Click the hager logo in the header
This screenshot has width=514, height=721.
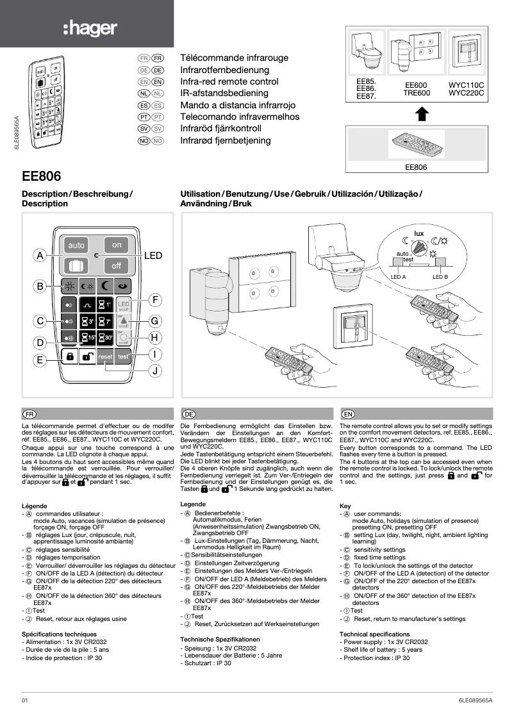[89, 28]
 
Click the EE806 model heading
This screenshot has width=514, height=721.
[41, 176]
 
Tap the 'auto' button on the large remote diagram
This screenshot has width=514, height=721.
[76, 245]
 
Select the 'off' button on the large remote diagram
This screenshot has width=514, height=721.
[117, 265]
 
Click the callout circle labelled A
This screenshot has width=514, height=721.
[40, 256]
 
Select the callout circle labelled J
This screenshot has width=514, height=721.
[154, 371]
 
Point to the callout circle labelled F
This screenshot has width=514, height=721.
[154, 299]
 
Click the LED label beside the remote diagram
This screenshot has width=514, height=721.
[153, 256]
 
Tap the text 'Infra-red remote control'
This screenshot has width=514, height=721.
[229, 81]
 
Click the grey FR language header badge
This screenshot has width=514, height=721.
[28, 414]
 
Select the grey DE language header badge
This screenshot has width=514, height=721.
[188, 414]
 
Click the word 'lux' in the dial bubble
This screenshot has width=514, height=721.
[420, 233]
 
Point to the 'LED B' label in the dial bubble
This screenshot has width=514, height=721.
[440, 277]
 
